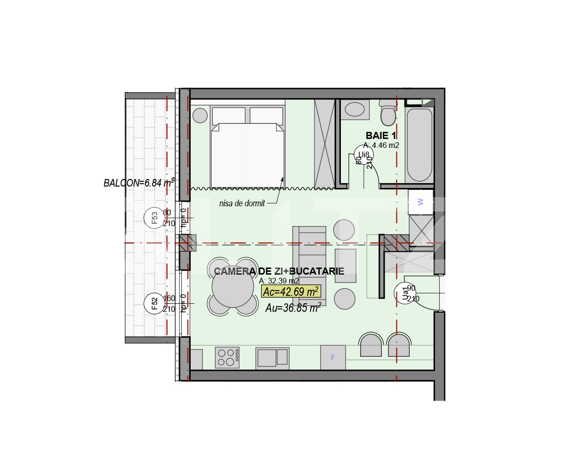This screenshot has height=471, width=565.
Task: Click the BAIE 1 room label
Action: coord(380,136)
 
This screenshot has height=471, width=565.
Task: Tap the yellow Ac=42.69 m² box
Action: coord(291,292)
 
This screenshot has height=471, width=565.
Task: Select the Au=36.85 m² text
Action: coord(293,308)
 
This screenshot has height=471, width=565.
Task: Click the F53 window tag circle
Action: coord(154,218)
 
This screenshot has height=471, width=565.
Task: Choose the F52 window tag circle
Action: coord(154,302)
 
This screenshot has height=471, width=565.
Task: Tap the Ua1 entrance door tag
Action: coord(404,293)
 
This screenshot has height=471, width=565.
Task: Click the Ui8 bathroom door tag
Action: coord(364,155)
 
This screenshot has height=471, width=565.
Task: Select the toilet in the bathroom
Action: coord(388,114)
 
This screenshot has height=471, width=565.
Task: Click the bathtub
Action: coord(419,144)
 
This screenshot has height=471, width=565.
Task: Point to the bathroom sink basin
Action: coord(355,110)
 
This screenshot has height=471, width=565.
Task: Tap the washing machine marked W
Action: coord(420,202)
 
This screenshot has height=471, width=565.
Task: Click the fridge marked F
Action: coord(333,357)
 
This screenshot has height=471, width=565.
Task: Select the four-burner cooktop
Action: coord(227,357)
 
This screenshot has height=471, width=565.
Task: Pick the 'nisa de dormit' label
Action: coord(242,203)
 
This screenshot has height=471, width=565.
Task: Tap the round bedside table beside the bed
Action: coord(200,115)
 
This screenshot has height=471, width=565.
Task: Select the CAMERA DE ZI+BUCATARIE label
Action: coord(279,271)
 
